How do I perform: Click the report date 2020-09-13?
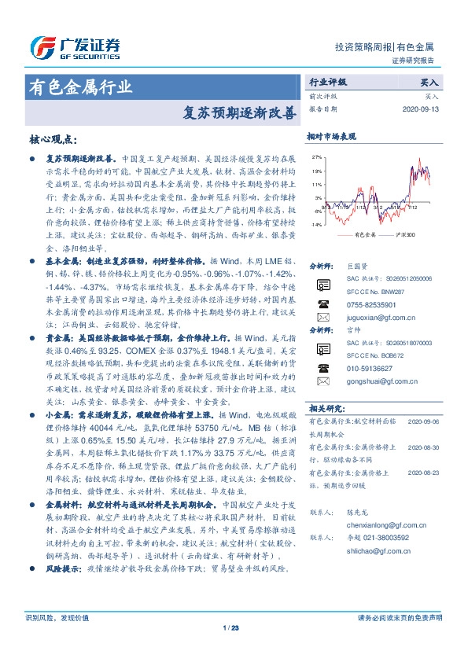[x=423, y=108]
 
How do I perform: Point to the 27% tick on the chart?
[x=316, y=156]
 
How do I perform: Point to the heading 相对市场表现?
[x=331, y=135]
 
